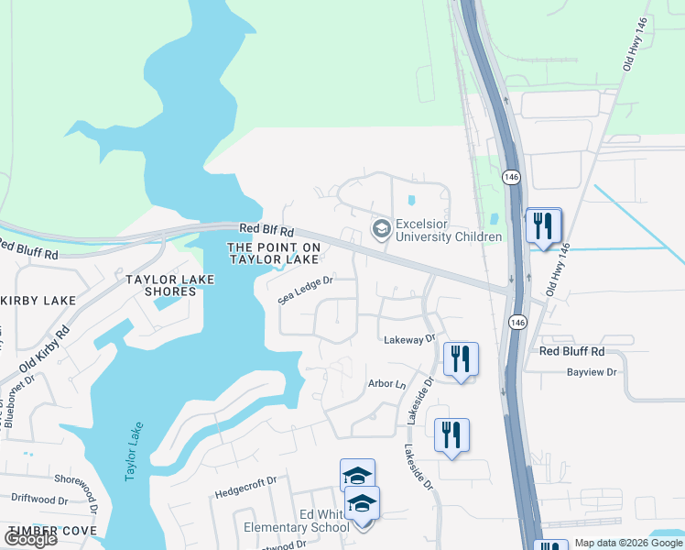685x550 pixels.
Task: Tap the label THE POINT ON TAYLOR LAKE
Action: tap(274, 254)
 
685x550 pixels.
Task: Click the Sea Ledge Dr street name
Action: tap(305, 291)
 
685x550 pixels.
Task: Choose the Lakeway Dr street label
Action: tap(408, 339)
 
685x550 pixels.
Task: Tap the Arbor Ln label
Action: tap(386, 383)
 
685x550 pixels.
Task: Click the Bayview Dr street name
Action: tap(593, 373)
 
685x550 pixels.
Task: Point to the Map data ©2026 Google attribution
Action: tap(628, 544)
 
